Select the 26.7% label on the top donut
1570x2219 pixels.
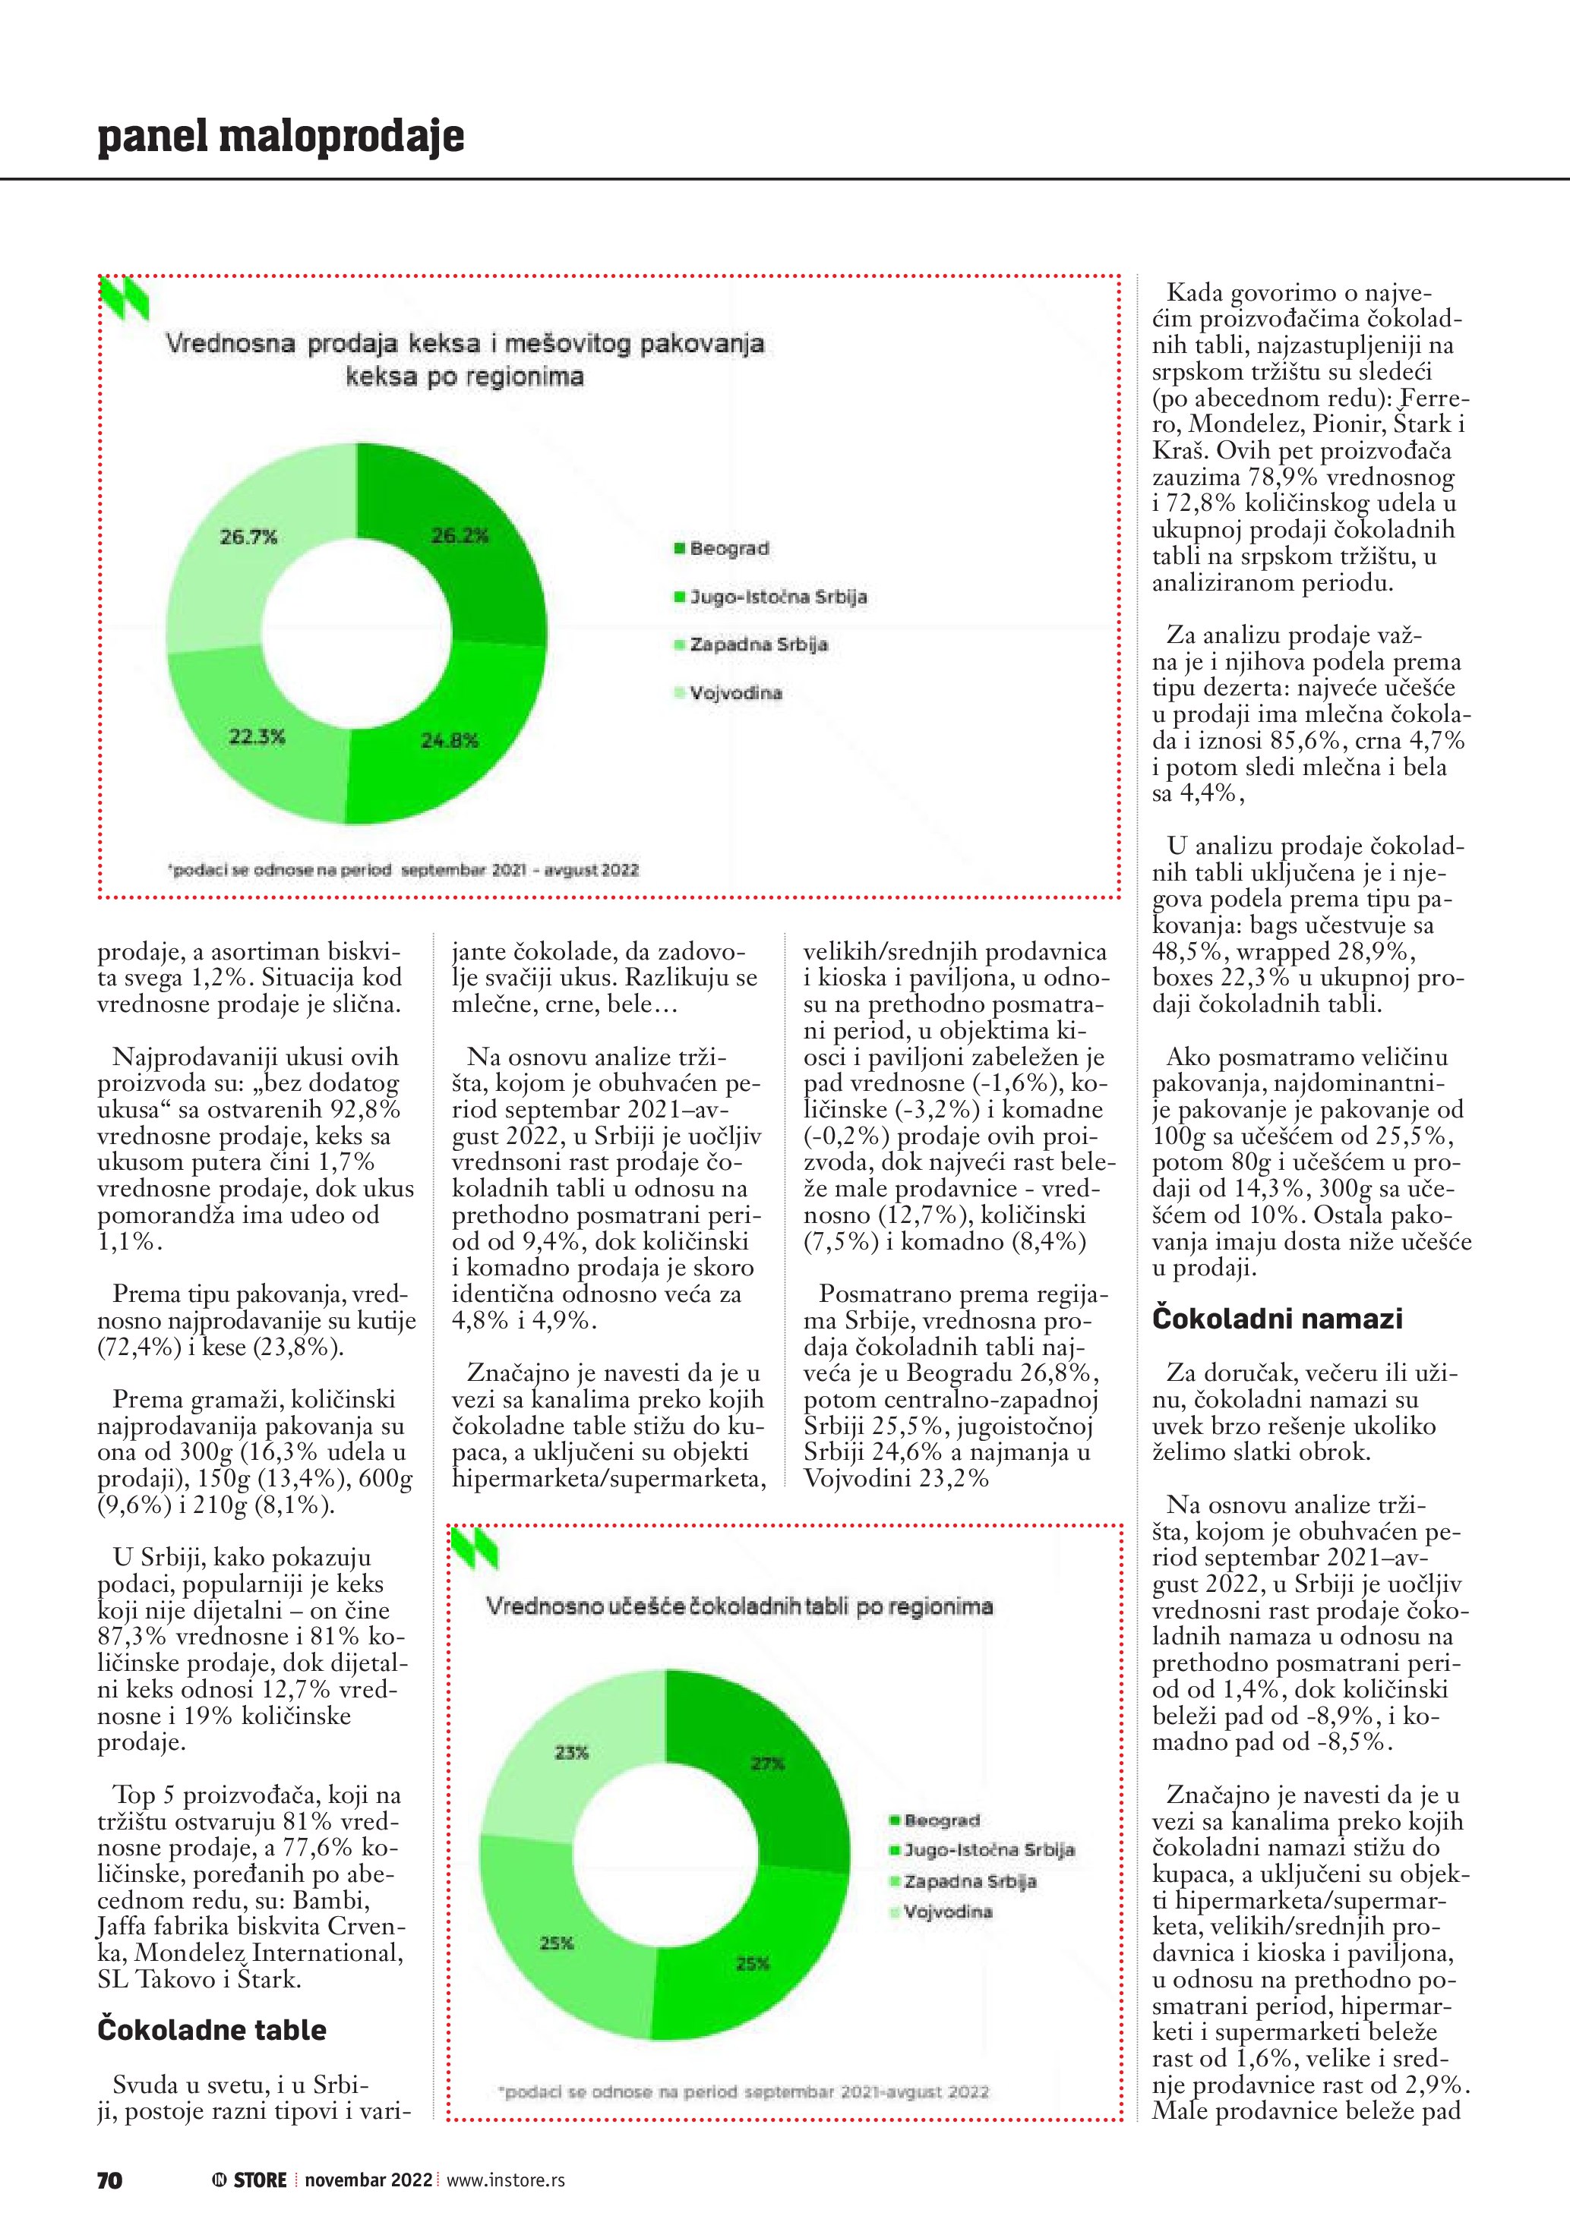[x=248, y=537]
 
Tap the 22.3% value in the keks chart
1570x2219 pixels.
[x=256, y=736]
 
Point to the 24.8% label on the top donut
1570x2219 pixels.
[x=450, y=740]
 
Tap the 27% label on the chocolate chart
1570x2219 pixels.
[x=768, y=1763]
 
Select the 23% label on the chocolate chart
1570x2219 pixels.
[x=571, y=1752]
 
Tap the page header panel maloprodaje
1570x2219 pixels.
[x=280, y=137]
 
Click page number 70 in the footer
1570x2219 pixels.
[x=109, y=2180]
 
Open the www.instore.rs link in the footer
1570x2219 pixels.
[x=506, y=2180]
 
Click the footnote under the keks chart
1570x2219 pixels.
[x=404, y=870]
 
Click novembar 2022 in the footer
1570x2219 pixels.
[x=368, y=2180]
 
